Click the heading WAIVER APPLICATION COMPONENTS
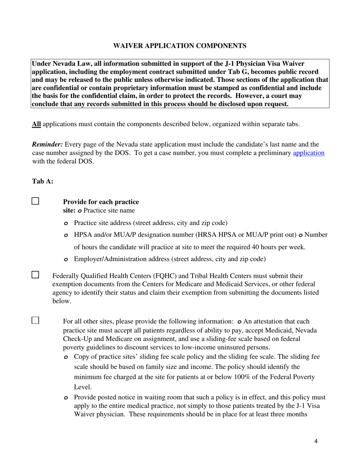[180, 46]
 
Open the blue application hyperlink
[308, 153]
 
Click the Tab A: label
[42, 181]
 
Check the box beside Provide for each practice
[35, 201]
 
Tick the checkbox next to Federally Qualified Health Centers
[35, 275]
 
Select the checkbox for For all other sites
[35, 321]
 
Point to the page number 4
[316, 441]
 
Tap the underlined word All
[36, 124]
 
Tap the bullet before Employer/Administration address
[66, 260]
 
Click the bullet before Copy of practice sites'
[66, 357]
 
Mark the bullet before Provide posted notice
[66, 398]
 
